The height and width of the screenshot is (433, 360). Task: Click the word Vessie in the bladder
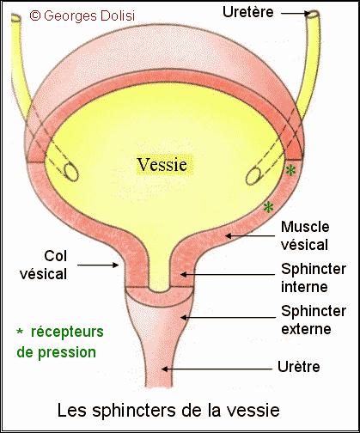[x=162, y=165]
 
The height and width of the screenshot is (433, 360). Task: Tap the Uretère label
[x=248, y=12]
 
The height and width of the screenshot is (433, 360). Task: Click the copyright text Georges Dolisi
[x=82, y=15]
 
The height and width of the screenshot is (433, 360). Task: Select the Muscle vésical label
[x=305, y=235]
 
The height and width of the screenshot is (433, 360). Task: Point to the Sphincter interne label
[x=314, y=277]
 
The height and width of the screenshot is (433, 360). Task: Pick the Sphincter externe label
[x=314, y=320]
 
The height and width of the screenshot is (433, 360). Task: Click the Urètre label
[x=299, y=367]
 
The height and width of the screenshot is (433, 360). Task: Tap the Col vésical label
[x=43, y=265]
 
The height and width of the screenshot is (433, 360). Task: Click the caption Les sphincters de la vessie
[x=168, y=410]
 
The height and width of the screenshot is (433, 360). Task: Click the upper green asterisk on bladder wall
[x=290, y=171]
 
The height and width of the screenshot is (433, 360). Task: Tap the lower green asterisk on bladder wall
[x=268, y=207]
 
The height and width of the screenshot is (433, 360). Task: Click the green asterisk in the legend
[x=20, y=332]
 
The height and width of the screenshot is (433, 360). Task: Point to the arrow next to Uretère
[x=296, y=13]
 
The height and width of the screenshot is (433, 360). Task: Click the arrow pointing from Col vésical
[x=98, y=265]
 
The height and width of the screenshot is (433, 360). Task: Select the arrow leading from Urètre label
[x=217, y=369]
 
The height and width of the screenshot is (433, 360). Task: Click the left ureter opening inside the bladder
[x=71, y=171]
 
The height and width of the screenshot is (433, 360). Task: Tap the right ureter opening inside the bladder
[x=253, y=175]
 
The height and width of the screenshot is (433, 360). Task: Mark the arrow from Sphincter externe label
[x=228, y=317]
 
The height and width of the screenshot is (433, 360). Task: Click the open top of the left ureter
[x=15, y=18]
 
